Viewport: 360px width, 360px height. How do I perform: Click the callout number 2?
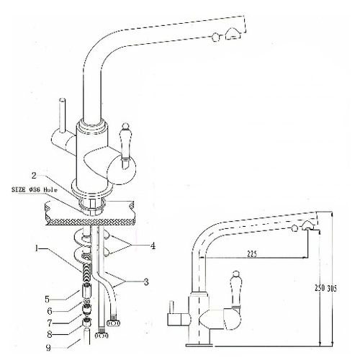[34, 176]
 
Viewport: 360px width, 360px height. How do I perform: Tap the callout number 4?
[153, 246]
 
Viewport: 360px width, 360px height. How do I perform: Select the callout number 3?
[146, 282]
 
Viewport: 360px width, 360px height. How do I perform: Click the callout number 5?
[48, 299]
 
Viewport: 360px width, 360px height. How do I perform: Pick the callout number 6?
[50, 311]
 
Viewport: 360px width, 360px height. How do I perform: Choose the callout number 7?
[50, 323]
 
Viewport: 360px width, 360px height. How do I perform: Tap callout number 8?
[50, 334]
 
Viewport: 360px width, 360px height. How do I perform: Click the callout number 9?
[49, 348]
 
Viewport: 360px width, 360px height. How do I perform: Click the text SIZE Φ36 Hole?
[35, 190]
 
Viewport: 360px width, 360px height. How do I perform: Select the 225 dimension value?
[251, 253]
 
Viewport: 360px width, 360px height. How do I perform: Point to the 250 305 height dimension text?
[325, 288]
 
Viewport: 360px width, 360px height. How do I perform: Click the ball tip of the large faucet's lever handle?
[125, 126]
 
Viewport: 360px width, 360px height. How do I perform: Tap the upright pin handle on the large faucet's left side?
[63, 114]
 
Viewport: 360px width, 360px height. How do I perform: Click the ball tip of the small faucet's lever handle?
[236, 274]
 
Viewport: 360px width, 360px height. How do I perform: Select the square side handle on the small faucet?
[177, 319]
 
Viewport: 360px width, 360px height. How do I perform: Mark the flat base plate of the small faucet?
[199, 345]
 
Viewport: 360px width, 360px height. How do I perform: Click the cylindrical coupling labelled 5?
[87, 289]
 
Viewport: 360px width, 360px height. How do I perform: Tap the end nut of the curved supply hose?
[114, 323]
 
